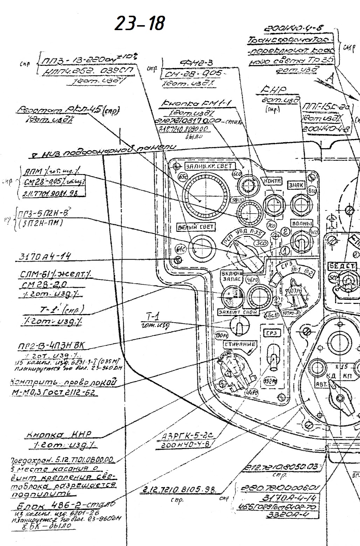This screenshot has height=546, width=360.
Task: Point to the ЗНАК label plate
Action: click(x=296, y=185)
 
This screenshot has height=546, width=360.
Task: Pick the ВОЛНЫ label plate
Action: click(x=301, y=223)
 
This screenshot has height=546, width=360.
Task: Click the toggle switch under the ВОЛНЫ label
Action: click(x=300, y=242)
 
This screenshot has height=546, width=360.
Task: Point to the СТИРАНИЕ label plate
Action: click(x=240, y=344)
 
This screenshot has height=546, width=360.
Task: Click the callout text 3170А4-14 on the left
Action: click(x=44, y=257)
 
